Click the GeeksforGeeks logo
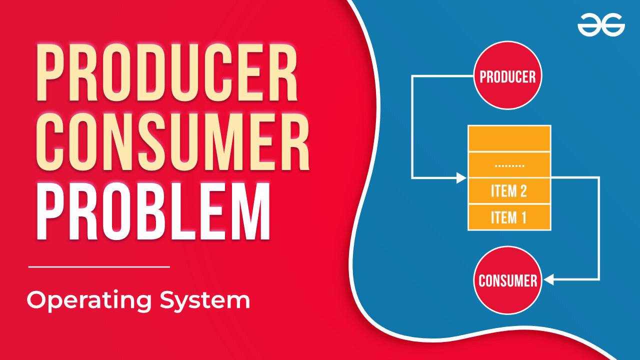point(601,25)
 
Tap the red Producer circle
point(507,75)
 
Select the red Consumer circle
point(507,280)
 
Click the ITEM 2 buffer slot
point(509,191)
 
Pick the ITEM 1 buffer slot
point(509,217)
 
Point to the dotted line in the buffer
point(509,165)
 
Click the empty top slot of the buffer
point(509,138)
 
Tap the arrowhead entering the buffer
point(461,177)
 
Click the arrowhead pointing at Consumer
point(548,279)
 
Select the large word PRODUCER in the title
point(167,72)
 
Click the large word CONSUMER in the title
point(173,142)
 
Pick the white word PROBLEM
point(153,211)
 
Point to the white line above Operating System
point(99,267)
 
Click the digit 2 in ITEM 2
point(523,191)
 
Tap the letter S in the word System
point(167,299)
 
